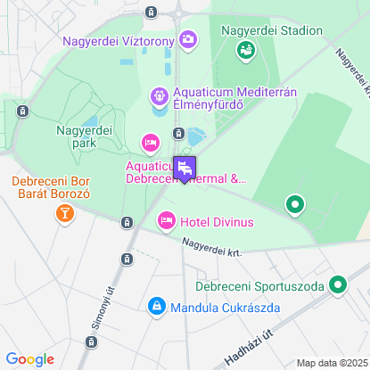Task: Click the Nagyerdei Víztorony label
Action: point(119,40)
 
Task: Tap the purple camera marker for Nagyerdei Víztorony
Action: point(188,39)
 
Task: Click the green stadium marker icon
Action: point(243,51)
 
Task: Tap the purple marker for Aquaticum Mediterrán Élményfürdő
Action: point(159,95)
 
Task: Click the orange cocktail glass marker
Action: point(64,213)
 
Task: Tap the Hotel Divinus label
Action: point(216,221)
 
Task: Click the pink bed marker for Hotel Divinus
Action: point(166,220)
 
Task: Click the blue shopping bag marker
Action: point(157,307)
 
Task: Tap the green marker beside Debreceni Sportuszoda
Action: point(337,286)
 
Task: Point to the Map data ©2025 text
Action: point(331,363)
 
